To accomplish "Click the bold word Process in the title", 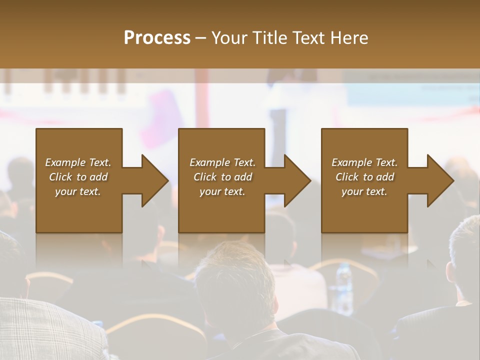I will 157,38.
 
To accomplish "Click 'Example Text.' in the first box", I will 78,162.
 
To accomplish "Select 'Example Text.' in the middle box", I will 222,162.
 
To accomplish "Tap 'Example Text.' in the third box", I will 364,162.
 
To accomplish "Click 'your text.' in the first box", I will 78,191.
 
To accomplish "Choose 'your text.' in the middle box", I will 222,191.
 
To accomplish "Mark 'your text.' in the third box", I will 364,191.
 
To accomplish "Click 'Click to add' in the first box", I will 78,177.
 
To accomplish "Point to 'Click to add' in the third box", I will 364,177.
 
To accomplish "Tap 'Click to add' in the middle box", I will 222,177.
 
